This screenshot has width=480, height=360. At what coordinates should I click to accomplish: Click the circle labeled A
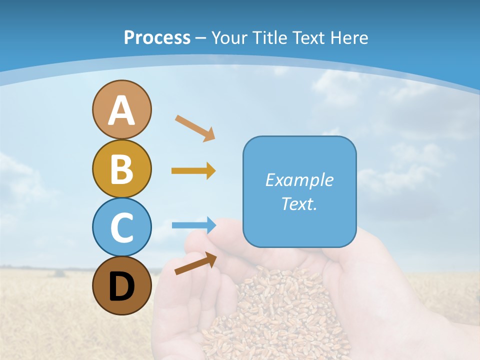[x=121, y=109]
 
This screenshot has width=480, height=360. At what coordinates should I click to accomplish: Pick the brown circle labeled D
[x=121, y=285]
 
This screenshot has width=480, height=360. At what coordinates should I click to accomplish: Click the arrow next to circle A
[x=195, y=128]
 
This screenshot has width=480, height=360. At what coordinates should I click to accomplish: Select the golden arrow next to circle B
[x=193, y=170]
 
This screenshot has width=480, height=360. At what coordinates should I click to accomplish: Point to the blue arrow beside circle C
[x=193, y=225]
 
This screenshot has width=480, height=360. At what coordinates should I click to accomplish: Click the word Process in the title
[x=157, y=37]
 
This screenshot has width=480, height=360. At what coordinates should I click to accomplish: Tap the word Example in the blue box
[x=299, y=180]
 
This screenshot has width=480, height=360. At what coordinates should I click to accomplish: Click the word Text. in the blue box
[x=299, y=203]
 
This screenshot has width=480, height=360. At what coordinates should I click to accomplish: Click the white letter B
[x=121, y=168]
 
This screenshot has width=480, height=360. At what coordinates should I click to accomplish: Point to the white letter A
[x=121, y=110]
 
